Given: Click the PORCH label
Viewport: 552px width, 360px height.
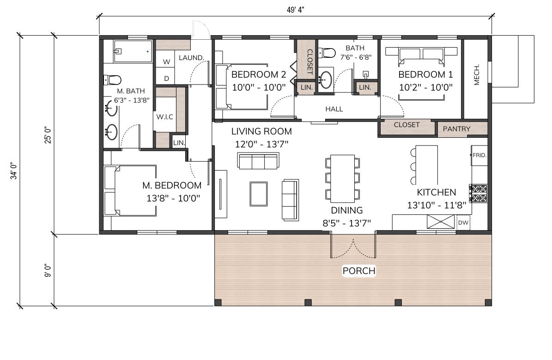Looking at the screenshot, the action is coord(359,271).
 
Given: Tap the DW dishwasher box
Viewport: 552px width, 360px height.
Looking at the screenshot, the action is coord(463,223).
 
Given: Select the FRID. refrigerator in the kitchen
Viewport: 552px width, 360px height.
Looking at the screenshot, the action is coord(479,155).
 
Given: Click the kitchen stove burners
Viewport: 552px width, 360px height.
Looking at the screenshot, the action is coord(479,193).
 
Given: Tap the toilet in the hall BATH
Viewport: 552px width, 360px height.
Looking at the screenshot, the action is coord(326,53).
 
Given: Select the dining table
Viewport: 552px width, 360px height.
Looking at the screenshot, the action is coord(343,178).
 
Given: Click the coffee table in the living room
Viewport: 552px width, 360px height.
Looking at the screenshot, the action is coord(259,194).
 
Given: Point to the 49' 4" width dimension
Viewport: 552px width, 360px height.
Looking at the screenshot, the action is coord(295,10).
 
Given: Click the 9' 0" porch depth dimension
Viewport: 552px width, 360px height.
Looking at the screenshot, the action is coord(48,271).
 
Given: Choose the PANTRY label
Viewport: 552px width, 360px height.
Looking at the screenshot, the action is coord(456,129).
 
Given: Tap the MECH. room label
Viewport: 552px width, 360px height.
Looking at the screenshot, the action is coord(477,75).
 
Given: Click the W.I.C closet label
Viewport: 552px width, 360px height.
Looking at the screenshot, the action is coord(165,117).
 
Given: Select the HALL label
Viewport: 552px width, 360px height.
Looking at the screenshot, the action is coord(334,109).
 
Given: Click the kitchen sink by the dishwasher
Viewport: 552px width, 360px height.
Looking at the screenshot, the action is coord(440,222).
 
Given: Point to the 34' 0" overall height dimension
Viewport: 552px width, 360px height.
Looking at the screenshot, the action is coord(13,171).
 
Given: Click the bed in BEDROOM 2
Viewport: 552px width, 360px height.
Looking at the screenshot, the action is coord(242,87).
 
